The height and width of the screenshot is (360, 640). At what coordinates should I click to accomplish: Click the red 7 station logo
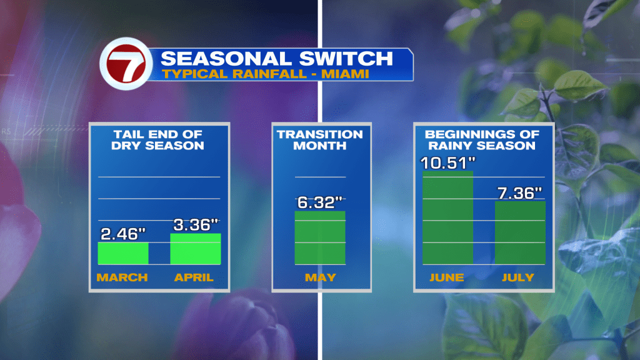pos(126,64)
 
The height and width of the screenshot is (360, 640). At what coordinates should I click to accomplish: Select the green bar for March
pos(123,254)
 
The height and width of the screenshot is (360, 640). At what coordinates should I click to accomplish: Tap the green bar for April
pos(196,249)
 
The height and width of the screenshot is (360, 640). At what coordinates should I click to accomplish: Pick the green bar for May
pos(320,238)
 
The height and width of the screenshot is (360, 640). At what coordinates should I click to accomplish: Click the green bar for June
pos(447,218)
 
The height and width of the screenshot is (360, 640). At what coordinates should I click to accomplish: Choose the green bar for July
pos(520,232)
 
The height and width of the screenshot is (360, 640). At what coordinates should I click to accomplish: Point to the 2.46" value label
pos(123,234)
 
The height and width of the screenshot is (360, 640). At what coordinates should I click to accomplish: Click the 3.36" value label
pos(196,225)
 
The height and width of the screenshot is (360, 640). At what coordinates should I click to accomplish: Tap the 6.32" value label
pos(319,202)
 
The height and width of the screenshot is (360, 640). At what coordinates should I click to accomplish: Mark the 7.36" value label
pos(519,193)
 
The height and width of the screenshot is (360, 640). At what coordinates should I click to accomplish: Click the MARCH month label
pos(122,277)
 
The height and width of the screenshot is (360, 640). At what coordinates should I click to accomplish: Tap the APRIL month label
pos(194,277)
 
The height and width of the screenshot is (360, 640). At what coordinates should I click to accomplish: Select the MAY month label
pos(321,277)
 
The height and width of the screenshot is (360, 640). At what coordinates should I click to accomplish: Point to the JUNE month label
pos(446,277)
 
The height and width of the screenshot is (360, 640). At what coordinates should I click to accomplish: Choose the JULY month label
pos(518,277)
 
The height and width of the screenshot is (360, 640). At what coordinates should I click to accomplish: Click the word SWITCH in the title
pos(346,59)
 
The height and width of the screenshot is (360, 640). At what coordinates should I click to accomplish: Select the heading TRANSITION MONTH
pos(319,140)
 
